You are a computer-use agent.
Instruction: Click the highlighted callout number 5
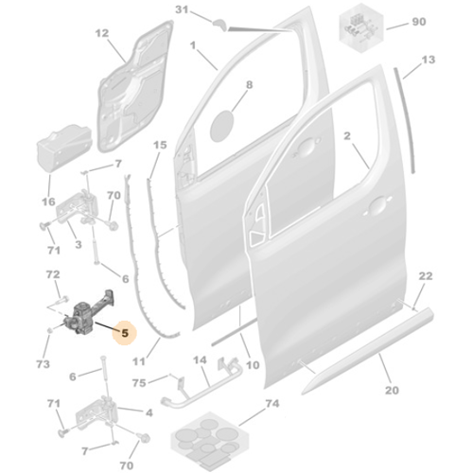pos(125,333)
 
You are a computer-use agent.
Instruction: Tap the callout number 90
pos(419,22)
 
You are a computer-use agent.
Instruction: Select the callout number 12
pos(102,33)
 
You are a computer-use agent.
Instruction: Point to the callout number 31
pos(182,9)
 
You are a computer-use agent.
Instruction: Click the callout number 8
pos(249,84)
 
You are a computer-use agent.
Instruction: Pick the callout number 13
pos(428,60)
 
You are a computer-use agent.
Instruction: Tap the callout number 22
pos(426,276)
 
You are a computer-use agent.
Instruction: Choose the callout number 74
pos(272,403)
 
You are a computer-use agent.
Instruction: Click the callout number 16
pos(48,201)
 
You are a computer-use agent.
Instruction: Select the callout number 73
pos(43,364)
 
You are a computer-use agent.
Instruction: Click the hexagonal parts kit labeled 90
pos(361,27)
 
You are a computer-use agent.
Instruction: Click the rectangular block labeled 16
pos(64,149)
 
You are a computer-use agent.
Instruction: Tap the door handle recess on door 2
pos(377,205)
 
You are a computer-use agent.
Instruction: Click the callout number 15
pos(160,145)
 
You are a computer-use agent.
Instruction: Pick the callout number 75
pos(139,383)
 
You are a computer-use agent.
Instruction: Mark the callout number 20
pos(392,390)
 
